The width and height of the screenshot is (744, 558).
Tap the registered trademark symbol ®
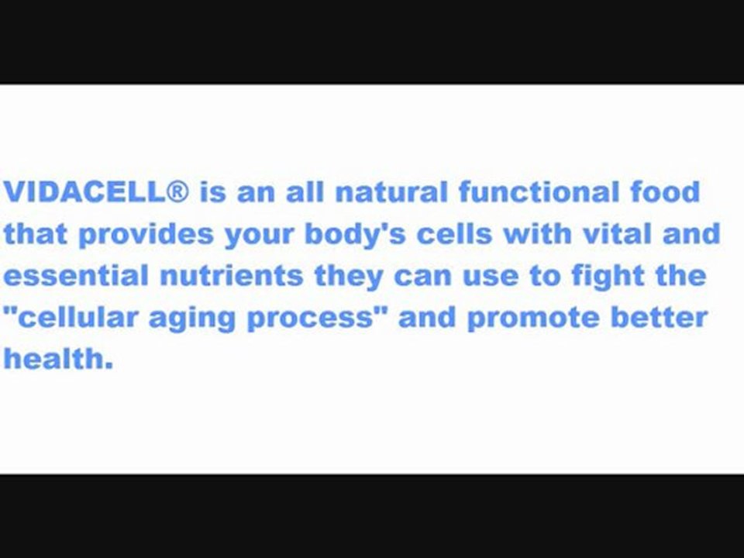pos(177,191)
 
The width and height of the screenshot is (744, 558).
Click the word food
pos(665,191)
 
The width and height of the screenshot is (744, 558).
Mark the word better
pos(660,319)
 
